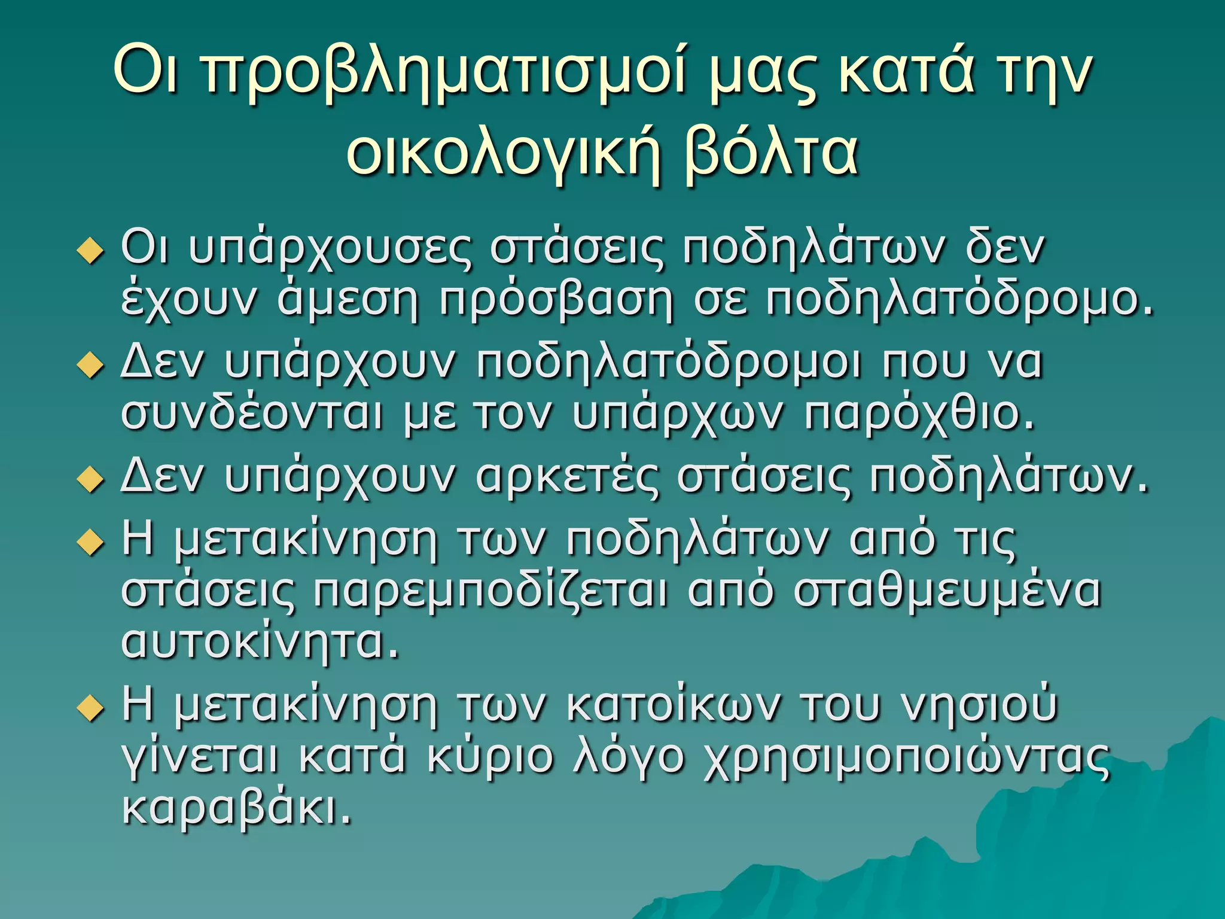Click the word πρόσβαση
click(556, 302)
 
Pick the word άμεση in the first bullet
click(348, 300)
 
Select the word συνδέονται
click(251, 414)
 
